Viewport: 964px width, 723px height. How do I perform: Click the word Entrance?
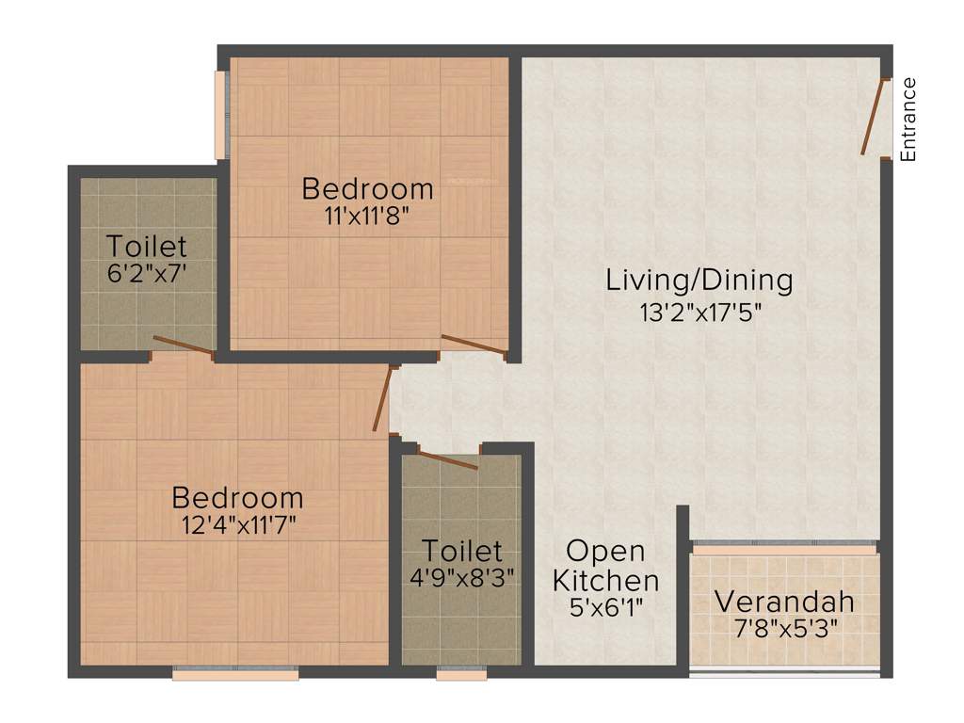tap(908, 120)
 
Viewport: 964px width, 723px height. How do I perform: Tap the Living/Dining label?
tap(699, 280)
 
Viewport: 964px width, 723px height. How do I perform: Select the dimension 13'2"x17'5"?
tap(699, 313)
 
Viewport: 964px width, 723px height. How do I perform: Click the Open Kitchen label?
tap(605, 565)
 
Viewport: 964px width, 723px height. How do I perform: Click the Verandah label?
tap(784, 601)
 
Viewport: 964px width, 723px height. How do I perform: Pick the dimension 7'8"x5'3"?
tap(784, 626)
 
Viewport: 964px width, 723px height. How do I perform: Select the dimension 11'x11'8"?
tap(367, 215)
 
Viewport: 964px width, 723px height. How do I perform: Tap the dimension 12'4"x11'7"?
tap(239, 524)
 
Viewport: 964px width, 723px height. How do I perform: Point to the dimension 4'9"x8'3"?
tap(461, 578)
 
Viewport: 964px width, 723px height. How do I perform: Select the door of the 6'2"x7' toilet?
tap(183, 345)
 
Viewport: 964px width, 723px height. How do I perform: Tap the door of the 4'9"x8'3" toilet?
tap(447, 459)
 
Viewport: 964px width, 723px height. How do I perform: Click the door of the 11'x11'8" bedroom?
tap(474, 345)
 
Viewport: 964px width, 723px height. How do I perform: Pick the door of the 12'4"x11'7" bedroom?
tap(382, 398)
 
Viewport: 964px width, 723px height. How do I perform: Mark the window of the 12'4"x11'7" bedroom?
tap(235, 673)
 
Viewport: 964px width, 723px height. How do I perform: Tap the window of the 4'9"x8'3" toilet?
tap(462, 673)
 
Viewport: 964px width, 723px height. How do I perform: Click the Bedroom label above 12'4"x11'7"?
tap(238, 497)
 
